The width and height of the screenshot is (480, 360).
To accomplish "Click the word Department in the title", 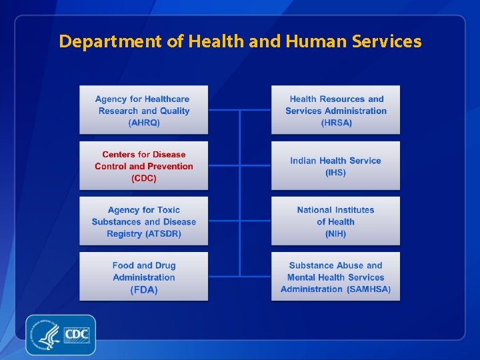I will [x=111, y=42].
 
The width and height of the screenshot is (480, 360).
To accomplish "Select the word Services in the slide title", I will [x=385, y=41].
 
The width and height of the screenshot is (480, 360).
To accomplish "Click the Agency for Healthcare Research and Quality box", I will [x=144, y=110].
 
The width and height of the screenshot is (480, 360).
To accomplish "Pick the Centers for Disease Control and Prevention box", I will [x=144, y=165].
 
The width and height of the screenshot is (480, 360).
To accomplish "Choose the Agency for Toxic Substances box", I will [x=144, y=221].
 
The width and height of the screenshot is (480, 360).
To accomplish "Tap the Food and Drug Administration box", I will [x=144, y=276].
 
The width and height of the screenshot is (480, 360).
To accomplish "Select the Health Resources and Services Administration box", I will [x=335, y=110].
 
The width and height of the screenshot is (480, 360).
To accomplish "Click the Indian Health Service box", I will [x=335, y=165].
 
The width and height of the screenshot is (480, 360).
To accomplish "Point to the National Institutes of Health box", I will [x=335, y=221].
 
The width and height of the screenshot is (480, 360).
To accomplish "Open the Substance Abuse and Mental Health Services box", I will [x=335, y=276].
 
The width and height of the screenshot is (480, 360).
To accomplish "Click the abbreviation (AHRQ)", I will [x=144, y=123].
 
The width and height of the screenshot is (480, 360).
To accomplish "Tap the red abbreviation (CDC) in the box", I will [x=144, y=179].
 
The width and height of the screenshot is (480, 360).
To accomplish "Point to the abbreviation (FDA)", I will [x=144, y=290].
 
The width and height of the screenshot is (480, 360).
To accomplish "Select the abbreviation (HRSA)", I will [x=336, y=123].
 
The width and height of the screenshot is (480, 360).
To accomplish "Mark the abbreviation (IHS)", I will [x=336, y=173].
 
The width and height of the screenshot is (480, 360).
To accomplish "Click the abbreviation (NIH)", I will [x=336, y=234].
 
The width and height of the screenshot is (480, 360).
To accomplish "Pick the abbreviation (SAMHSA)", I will [x=369, y=289].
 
